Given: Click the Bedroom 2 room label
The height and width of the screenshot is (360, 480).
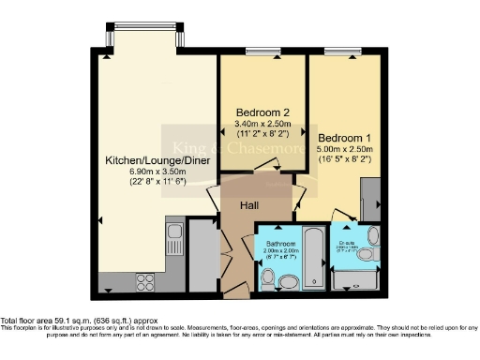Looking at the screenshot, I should (x=262, y=112).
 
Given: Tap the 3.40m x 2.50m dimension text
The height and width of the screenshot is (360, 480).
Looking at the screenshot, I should (x=262, y=123).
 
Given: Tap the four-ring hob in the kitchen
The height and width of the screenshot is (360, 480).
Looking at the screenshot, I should (x=147, y=278).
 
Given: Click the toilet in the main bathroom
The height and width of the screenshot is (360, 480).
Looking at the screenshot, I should (x=268, y=277).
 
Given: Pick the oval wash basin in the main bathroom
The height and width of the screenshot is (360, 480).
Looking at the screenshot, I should (x=290, y=280).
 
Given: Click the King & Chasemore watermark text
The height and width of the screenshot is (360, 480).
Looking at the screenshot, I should (x=239, y=147).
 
